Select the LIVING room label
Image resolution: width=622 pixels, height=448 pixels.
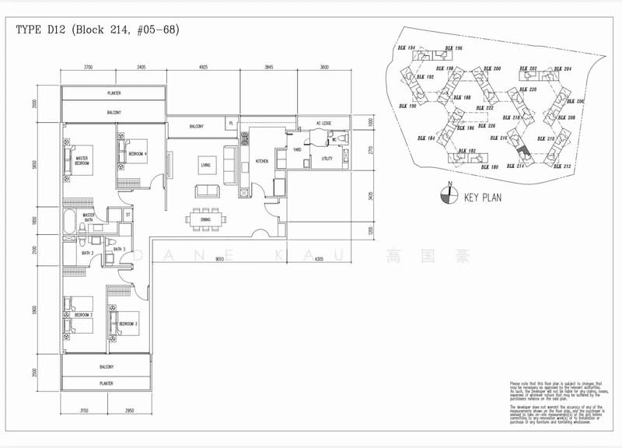click(x=205, y=165)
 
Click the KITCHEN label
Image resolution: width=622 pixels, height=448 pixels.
click(x=262, y=162)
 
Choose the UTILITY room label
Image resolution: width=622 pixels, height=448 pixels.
click(x=327, y=158)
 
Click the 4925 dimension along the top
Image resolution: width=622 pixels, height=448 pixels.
click(x=202, y=68)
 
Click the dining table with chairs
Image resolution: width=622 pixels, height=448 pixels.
click(x=206, y=219)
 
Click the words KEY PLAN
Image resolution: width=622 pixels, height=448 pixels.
click(x=482, y=198)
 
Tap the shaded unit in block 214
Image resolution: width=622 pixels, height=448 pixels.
click(x=522, y=153)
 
